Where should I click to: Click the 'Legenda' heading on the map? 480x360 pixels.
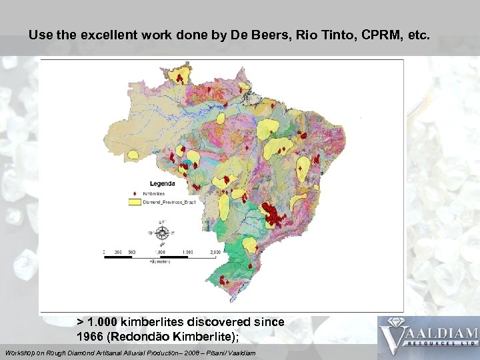(x=162, y=183)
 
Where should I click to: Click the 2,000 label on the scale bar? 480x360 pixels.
(x=215, y=252)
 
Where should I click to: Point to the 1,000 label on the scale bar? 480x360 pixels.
(x=160, y=252)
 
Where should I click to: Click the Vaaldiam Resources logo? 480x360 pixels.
(x=428, y=337)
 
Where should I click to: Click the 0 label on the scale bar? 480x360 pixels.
(x=105, y=252)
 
